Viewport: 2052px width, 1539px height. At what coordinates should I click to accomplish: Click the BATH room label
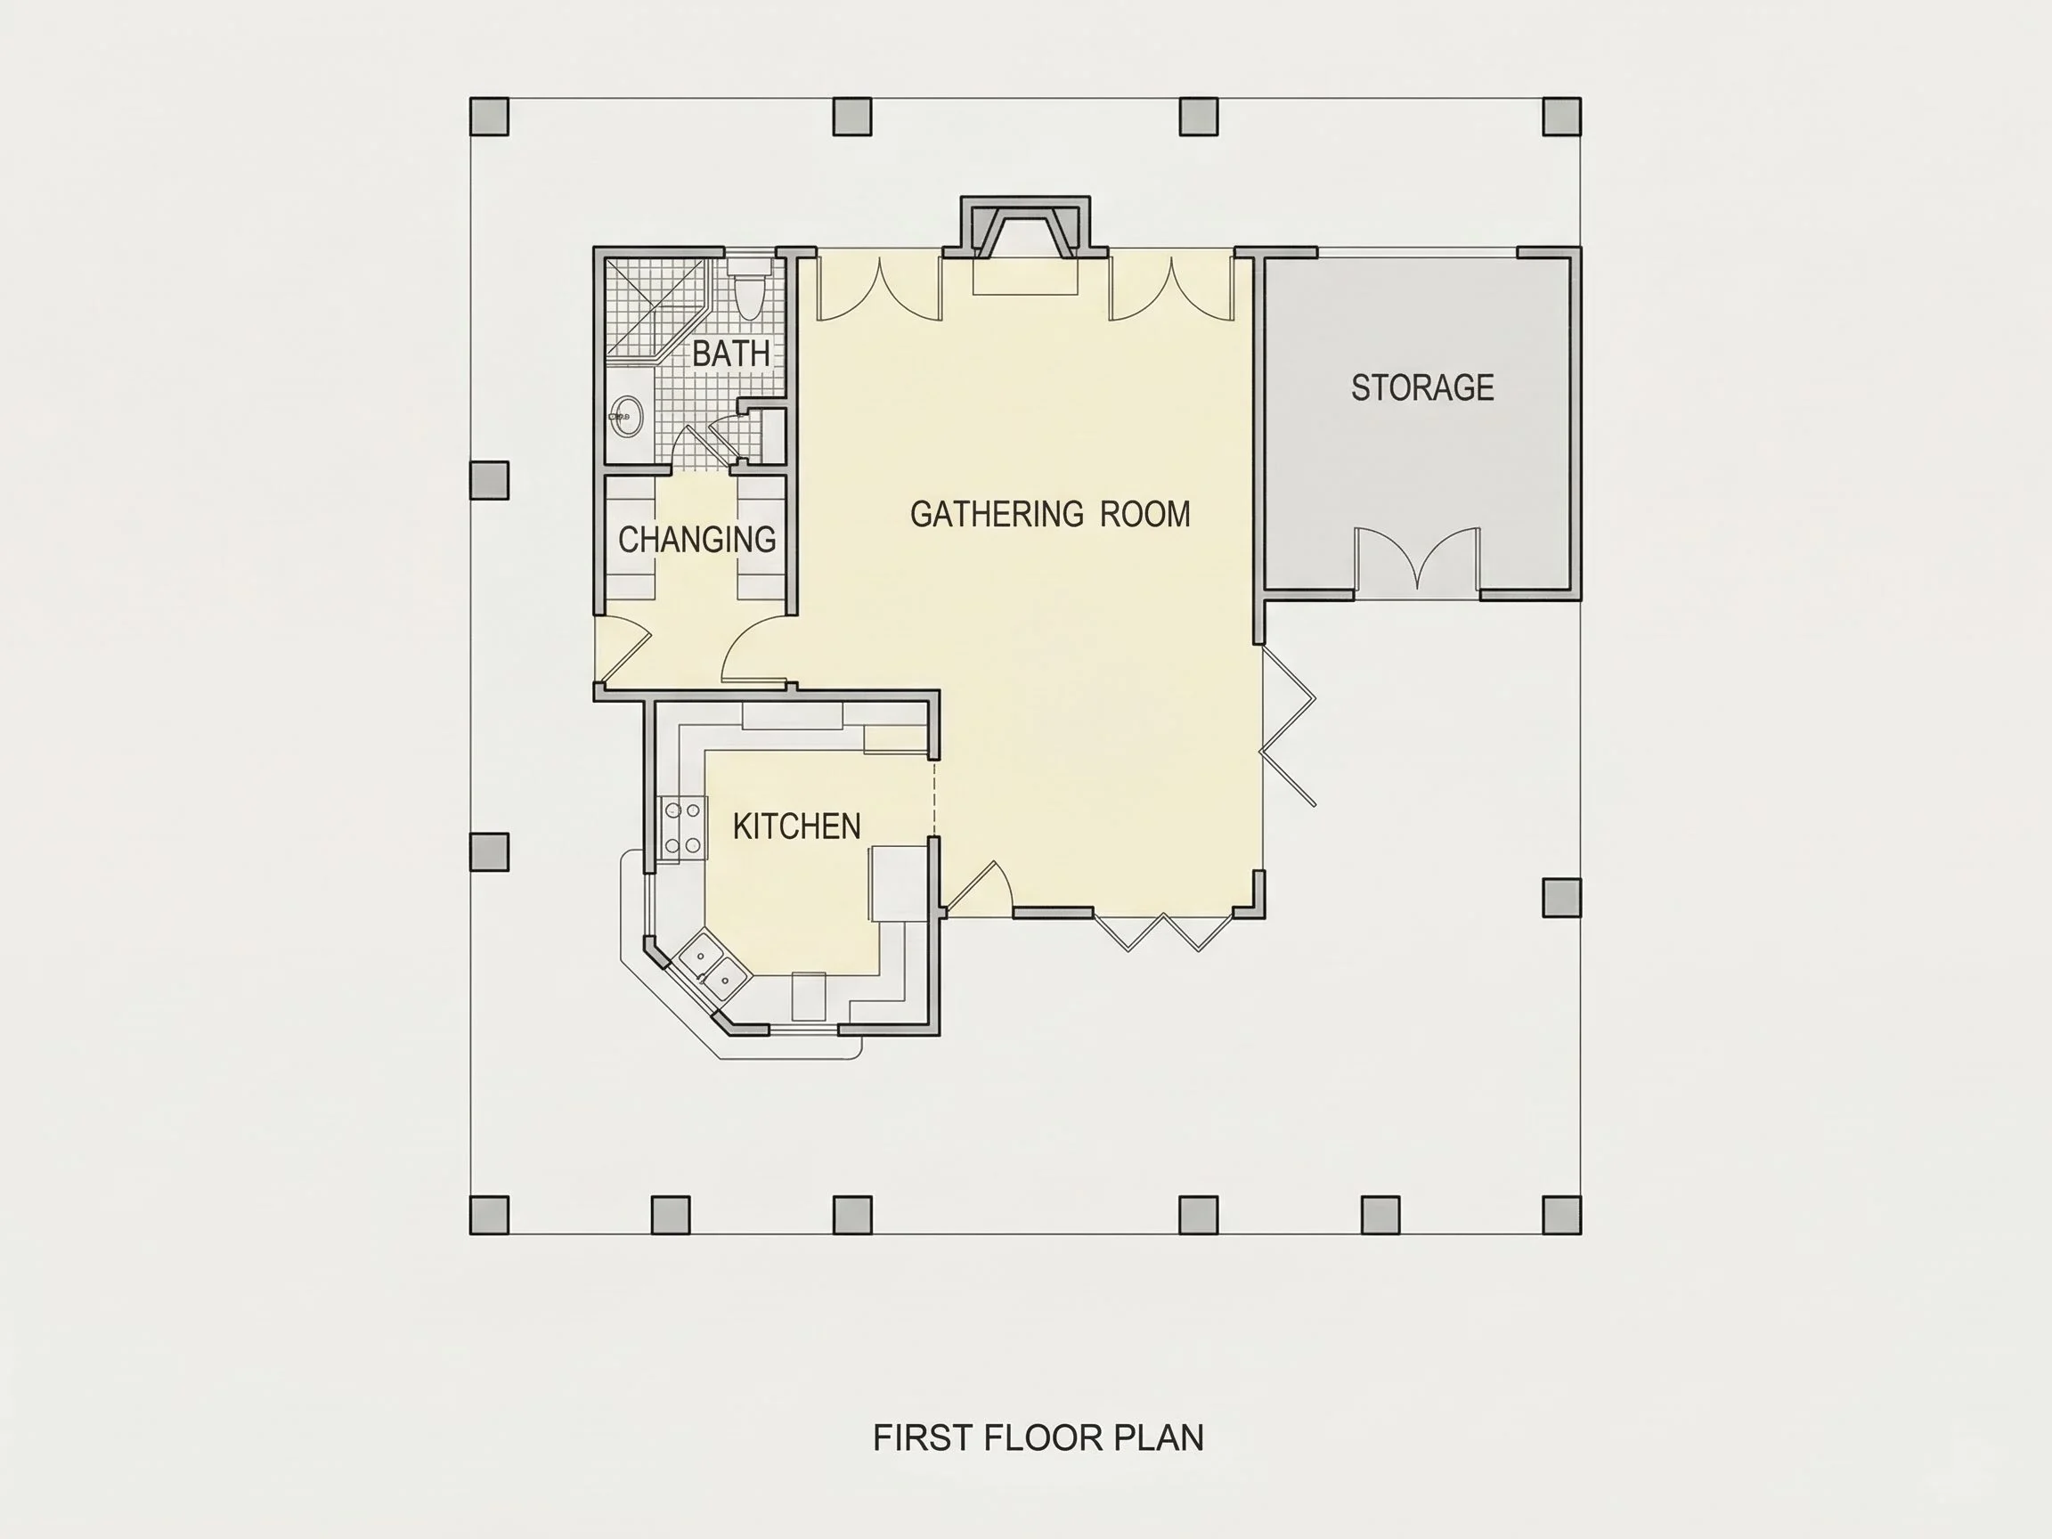[x=731, y=354]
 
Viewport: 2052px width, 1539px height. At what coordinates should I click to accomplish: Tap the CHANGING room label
[x=696, y=539]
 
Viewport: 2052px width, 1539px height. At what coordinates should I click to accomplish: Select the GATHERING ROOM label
[x=1050, y=514]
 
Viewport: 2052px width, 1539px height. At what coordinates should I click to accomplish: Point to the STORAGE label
[x=1422, y=387]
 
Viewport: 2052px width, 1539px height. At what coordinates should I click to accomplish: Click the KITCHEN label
[x=797, y=826]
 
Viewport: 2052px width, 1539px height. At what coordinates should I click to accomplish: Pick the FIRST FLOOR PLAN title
[x=1038, y=1437]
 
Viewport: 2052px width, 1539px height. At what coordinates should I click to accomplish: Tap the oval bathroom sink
[x=626, y=417]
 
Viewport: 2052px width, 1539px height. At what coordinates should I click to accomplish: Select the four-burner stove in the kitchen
[x=681, y=828]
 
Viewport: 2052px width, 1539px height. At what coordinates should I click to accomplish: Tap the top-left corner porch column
[x=490, y=117]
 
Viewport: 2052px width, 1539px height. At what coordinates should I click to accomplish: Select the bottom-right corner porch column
[x=1562, y=1215]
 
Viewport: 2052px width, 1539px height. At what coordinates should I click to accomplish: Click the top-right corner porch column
[x=1562, y=117]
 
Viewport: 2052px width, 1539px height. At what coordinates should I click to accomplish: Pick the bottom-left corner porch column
[x=490, y=1215]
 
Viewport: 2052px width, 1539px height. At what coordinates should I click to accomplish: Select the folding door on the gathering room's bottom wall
[x=1163, y=932]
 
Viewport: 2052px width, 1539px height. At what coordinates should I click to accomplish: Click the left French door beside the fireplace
[x=879, y=289]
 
